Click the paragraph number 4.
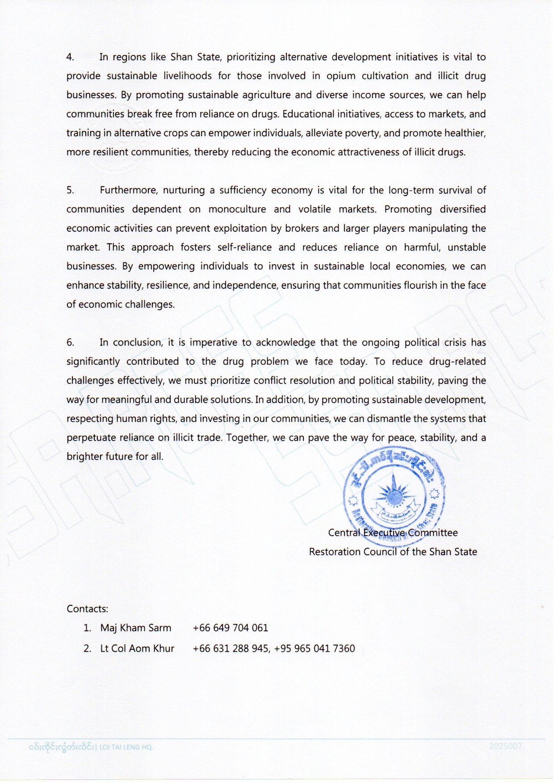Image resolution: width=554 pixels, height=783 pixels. click(70, 57)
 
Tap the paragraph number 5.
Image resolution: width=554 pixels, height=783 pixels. click(70, 190)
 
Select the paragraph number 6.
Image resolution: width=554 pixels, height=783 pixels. click(70, 342)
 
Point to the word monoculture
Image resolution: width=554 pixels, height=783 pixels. click(237, 209)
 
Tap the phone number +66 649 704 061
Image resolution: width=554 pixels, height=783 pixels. click(230, 628)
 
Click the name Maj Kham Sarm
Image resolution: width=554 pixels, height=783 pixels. click(135, 628)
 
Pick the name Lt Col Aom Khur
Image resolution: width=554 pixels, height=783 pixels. click(137, 648)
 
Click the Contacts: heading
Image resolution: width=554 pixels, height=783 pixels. click(87, 609)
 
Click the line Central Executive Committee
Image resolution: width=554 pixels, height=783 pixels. click(393, 533)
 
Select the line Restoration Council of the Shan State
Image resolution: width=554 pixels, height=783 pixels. click(393, 552)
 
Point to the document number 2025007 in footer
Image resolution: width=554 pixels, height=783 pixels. click(505, 746)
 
